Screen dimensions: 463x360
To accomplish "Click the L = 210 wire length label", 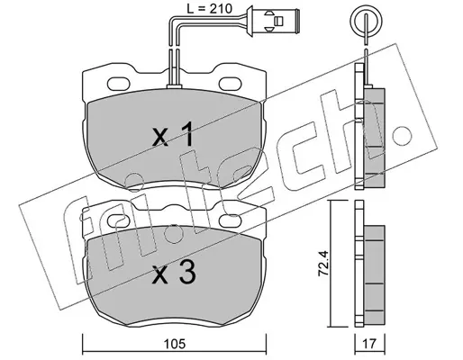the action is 209,9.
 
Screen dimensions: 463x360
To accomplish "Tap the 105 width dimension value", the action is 175,344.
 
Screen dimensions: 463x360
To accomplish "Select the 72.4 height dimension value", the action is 323,263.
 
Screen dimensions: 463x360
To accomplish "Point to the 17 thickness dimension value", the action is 369,344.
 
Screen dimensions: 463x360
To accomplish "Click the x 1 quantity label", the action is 172,136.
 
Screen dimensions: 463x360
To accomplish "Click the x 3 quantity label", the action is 174,273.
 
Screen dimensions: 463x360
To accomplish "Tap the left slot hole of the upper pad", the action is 119,84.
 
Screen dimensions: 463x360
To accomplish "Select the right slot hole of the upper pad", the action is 231,84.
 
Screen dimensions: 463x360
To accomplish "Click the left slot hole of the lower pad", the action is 119,221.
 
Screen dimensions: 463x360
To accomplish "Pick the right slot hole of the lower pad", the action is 231,221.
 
